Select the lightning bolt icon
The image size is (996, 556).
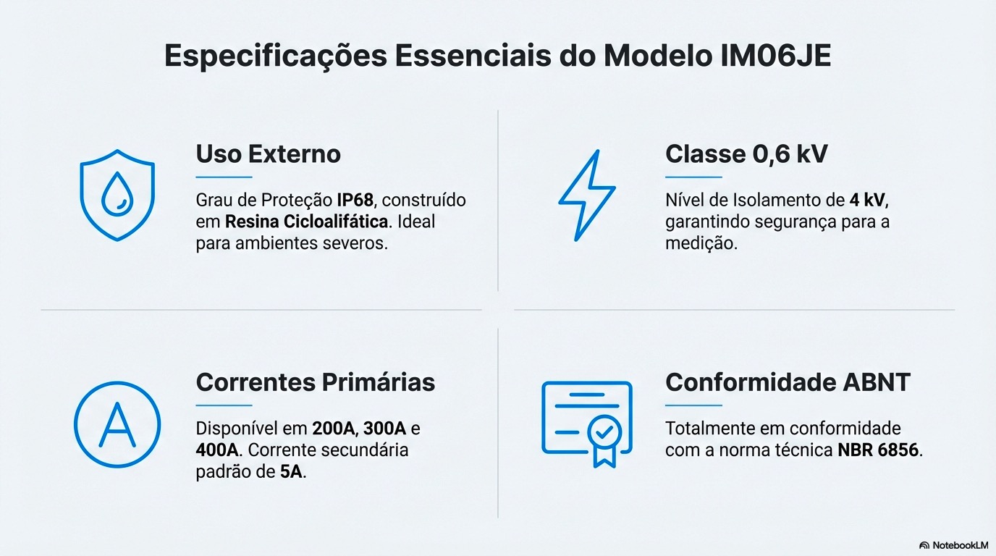tap(586, 195)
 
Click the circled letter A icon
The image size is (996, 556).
tap(117, 424)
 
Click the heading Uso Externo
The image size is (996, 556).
tap(268, 153)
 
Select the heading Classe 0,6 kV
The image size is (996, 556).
tap(746, 153)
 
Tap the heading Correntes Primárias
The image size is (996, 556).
tap(316, 382)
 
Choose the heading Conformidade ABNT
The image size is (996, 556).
tap(788, 382)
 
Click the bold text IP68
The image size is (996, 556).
tap(355, 200)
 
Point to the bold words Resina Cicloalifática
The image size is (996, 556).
tap(307, 222)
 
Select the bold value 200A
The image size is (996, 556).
tap(334, 428)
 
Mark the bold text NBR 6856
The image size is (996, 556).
tap(878, 450)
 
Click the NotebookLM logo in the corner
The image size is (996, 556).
tap(953, 544)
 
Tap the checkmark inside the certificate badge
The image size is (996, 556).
tap(604, 433)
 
